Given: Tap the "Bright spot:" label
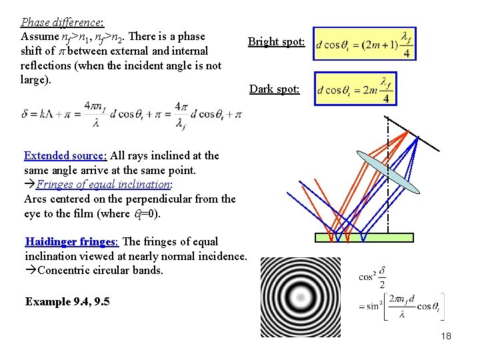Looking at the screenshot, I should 276,42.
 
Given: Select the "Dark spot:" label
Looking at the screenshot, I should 274,89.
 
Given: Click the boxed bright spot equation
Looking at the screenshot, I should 364,43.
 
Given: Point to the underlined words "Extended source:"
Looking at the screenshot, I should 65,155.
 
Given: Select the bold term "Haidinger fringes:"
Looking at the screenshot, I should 70,241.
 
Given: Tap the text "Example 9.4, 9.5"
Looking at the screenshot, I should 67,301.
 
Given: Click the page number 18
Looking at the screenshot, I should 445,336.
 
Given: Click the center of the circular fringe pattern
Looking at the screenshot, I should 300,297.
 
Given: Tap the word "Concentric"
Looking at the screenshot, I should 65,270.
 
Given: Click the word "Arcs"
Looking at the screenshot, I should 36,199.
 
